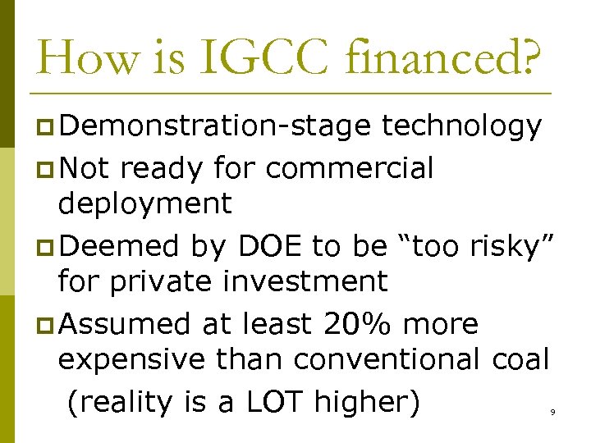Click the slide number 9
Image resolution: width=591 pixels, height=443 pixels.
click(552, 412)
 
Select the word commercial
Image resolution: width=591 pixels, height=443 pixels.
click(350, 167)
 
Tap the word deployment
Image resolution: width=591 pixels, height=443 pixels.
click(145, 203)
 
